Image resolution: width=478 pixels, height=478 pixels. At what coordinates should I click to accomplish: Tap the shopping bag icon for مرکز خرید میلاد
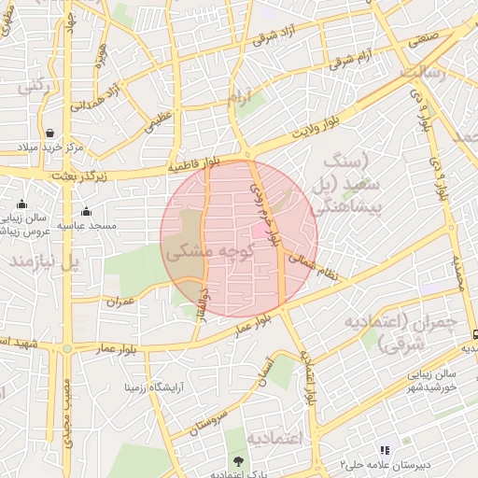[49, 133]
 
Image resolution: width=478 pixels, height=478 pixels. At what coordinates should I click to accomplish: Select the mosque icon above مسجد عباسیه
[86, 211]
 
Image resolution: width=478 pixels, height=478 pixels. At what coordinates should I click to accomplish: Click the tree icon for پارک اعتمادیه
[239, 460]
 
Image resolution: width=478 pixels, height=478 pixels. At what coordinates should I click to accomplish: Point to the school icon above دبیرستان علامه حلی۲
[383, 451]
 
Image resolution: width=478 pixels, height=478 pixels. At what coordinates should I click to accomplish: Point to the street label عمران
[121, 302]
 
